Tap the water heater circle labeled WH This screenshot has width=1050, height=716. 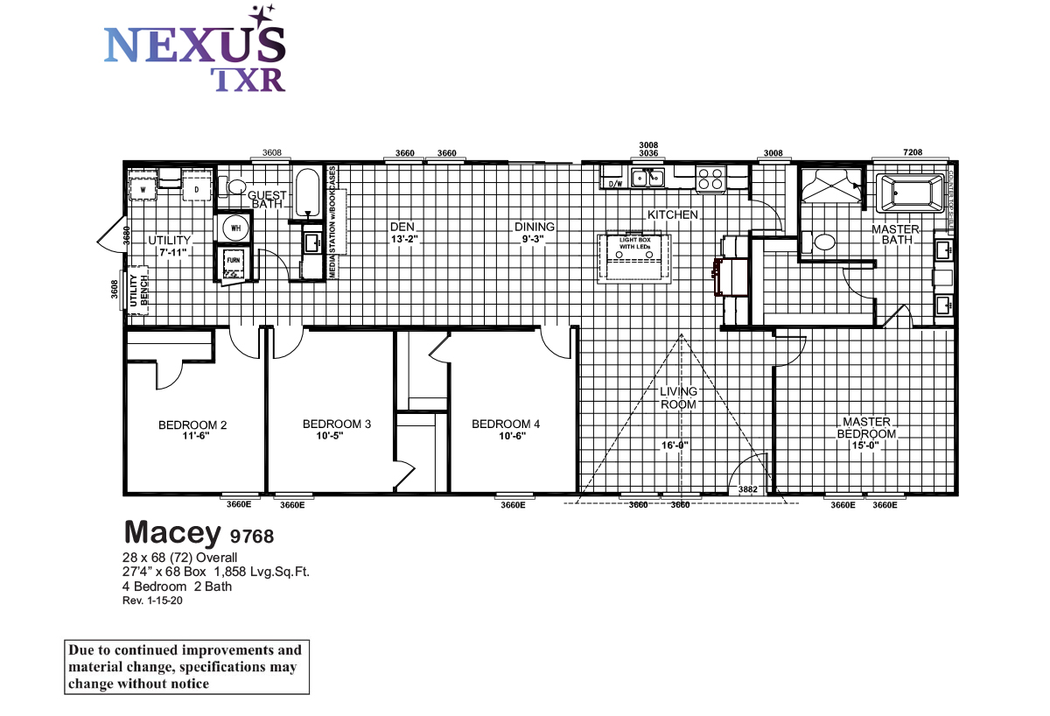click(234, 228)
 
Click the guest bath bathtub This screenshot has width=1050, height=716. click(307, 193)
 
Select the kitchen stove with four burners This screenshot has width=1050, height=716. click(710, 179)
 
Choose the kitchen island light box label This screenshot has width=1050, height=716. click(636, 242)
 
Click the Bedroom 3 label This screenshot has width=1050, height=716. click(337, 425)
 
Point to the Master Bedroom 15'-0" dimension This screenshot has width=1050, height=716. click(866, 445)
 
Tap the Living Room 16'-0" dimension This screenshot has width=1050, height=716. click(675, 445)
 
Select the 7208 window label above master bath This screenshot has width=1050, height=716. click(913, 153)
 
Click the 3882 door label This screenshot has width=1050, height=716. click(747, 489)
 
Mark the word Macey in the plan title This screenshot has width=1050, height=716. click(171, 531)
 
